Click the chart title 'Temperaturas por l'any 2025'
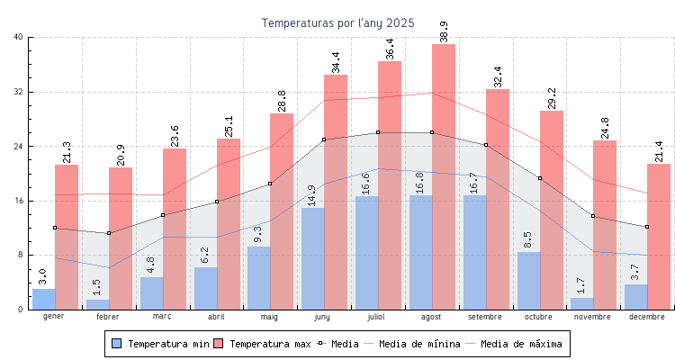337,22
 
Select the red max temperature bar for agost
444,176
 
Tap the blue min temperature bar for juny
312,259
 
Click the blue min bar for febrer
97,304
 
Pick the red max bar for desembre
659,237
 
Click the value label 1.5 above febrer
97,287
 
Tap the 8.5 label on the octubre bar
527,240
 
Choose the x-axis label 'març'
162,317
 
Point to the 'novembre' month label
593,317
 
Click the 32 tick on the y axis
19,92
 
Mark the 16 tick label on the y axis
19,201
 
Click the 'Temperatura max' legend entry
267,344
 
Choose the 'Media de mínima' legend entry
419,344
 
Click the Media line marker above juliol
378,132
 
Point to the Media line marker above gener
55,228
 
